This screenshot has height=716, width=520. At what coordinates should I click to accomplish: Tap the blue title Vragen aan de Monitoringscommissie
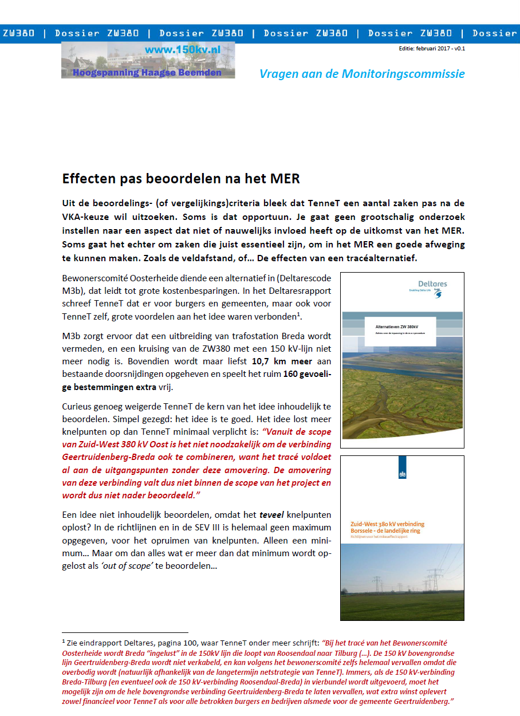(x=362, y=74)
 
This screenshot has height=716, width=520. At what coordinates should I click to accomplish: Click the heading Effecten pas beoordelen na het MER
(x=181, y=178)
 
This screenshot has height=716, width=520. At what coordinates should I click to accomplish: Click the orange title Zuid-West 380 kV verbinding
(x=388, y=524)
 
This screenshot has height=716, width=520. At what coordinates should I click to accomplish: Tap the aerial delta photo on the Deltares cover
(x=402, y=395)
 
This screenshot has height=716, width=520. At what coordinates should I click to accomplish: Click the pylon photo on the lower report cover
(x=402, y=581)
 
